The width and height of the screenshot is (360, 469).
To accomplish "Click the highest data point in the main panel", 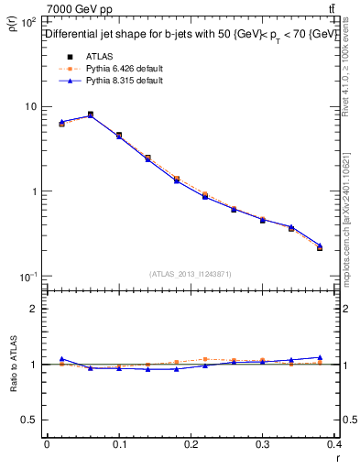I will click(91, 115).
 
